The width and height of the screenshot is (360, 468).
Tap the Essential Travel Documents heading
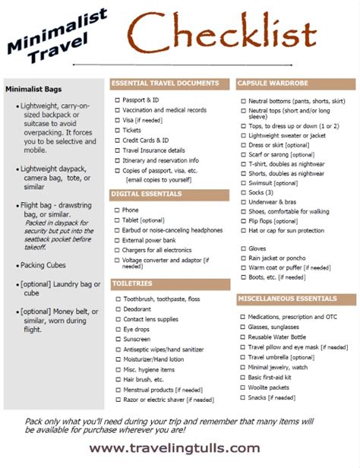tap(165, 84)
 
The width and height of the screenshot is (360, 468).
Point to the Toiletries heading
tap(133, 283)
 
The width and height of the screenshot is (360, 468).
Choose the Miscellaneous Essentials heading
tap(291, 299)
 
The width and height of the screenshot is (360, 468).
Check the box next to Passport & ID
tap(117, 100)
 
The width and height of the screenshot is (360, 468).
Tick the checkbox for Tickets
tap(117, 130)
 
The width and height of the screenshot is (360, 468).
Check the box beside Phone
tap(117, 210)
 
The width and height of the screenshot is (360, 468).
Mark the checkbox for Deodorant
tap(117, 309)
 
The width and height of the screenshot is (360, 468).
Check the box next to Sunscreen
tap(117, 339)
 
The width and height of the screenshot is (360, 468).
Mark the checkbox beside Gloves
tap(243, 248)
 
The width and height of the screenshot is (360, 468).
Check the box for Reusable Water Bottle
tap(243, 337)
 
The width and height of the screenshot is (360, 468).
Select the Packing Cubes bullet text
tap(44, 265)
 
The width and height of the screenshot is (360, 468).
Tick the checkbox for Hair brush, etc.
tap(117, 379)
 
